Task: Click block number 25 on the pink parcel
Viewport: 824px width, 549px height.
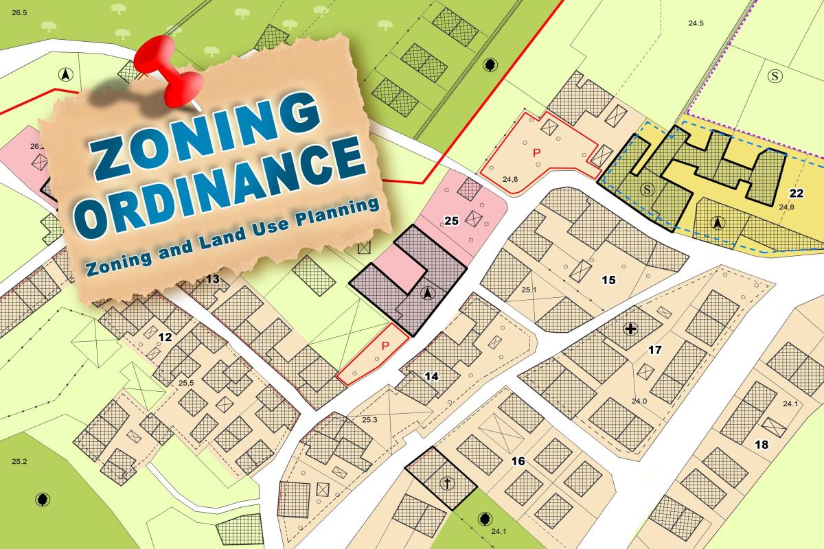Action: pos(451,221)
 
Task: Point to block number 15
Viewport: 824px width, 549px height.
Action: pos(608,279)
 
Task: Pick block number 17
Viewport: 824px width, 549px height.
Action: pos(654,350)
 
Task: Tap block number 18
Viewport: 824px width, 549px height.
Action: pos(762,445)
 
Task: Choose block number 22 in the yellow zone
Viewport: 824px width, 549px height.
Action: pos(797,194)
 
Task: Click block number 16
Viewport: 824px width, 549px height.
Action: pos(518,460)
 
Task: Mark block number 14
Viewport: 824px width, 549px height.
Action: pos(431,376)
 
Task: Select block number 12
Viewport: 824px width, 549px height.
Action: pos(165,337)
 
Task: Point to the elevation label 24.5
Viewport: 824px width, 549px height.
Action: pos(696,23)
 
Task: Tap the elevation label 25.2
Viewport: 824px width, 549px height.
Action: pos(19,461)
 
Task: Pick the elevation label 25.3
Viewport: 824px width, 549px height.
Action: pos(369,419)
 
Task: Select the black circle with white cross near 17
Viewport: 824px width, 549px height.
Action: pos(630,329)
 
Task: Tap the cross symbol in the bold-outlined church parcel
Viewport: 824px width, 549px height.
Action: pos(448,484)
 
